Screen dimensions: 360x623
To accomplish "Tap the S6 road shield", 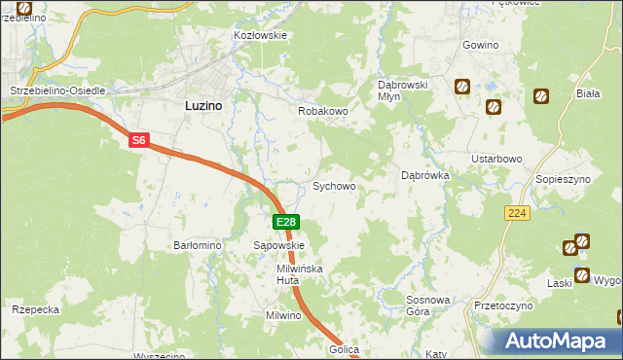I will click(139, 141).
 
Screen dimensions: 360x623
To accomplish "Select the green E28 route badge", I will click(285, 223).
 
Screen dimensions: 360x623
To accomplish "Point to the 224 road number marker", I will click(517, 212).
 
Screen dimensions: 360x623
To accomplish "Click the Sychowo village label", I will click(333, 185).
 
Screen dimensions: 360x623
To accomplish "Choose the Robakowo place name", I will click(322, 112).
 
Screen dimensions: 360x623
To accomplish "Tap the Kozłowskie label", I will click(260, 35).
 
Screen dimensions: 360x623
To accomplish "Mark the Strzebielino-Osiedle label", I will click(57, 90).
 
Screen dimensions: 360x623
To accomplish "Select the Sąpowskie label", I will click(279, 246).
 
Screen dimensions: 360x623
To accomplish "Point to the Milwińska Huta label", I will click(299, 273).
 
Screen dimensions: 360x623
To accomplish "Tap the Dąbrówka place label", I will click(424, 176).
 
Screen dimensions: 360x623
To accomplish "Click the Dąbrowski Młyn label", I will click(403, 91).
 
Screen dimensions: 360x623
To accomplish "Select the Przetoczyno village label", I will click(504, 306).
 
